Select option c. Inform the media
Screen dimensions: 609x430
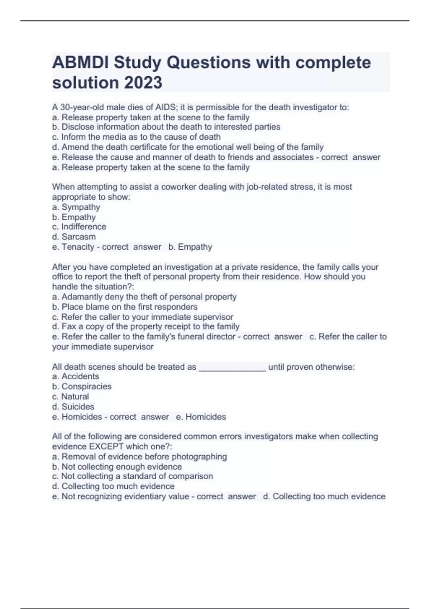[136, 137]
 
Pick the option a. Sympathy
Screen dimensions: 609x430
[76, 207]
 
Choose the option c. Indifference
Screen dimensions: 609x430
[79, 227]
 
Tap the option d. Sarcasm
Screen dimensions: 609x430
[74, 237]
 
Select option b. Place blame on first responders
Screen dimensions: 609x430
[125, 307]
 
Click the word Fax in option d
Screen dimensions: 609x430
[69, 326]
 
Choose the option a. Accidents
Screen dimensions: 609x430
[76, 377]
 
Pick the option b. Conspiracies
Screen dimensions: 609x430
[82, 387]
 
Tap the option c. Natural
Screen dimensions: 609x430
[71, 397]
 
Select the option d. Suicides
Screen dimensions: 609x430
[73, 407]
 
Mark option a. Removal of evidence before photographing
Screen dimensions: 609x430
[139, 456]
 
